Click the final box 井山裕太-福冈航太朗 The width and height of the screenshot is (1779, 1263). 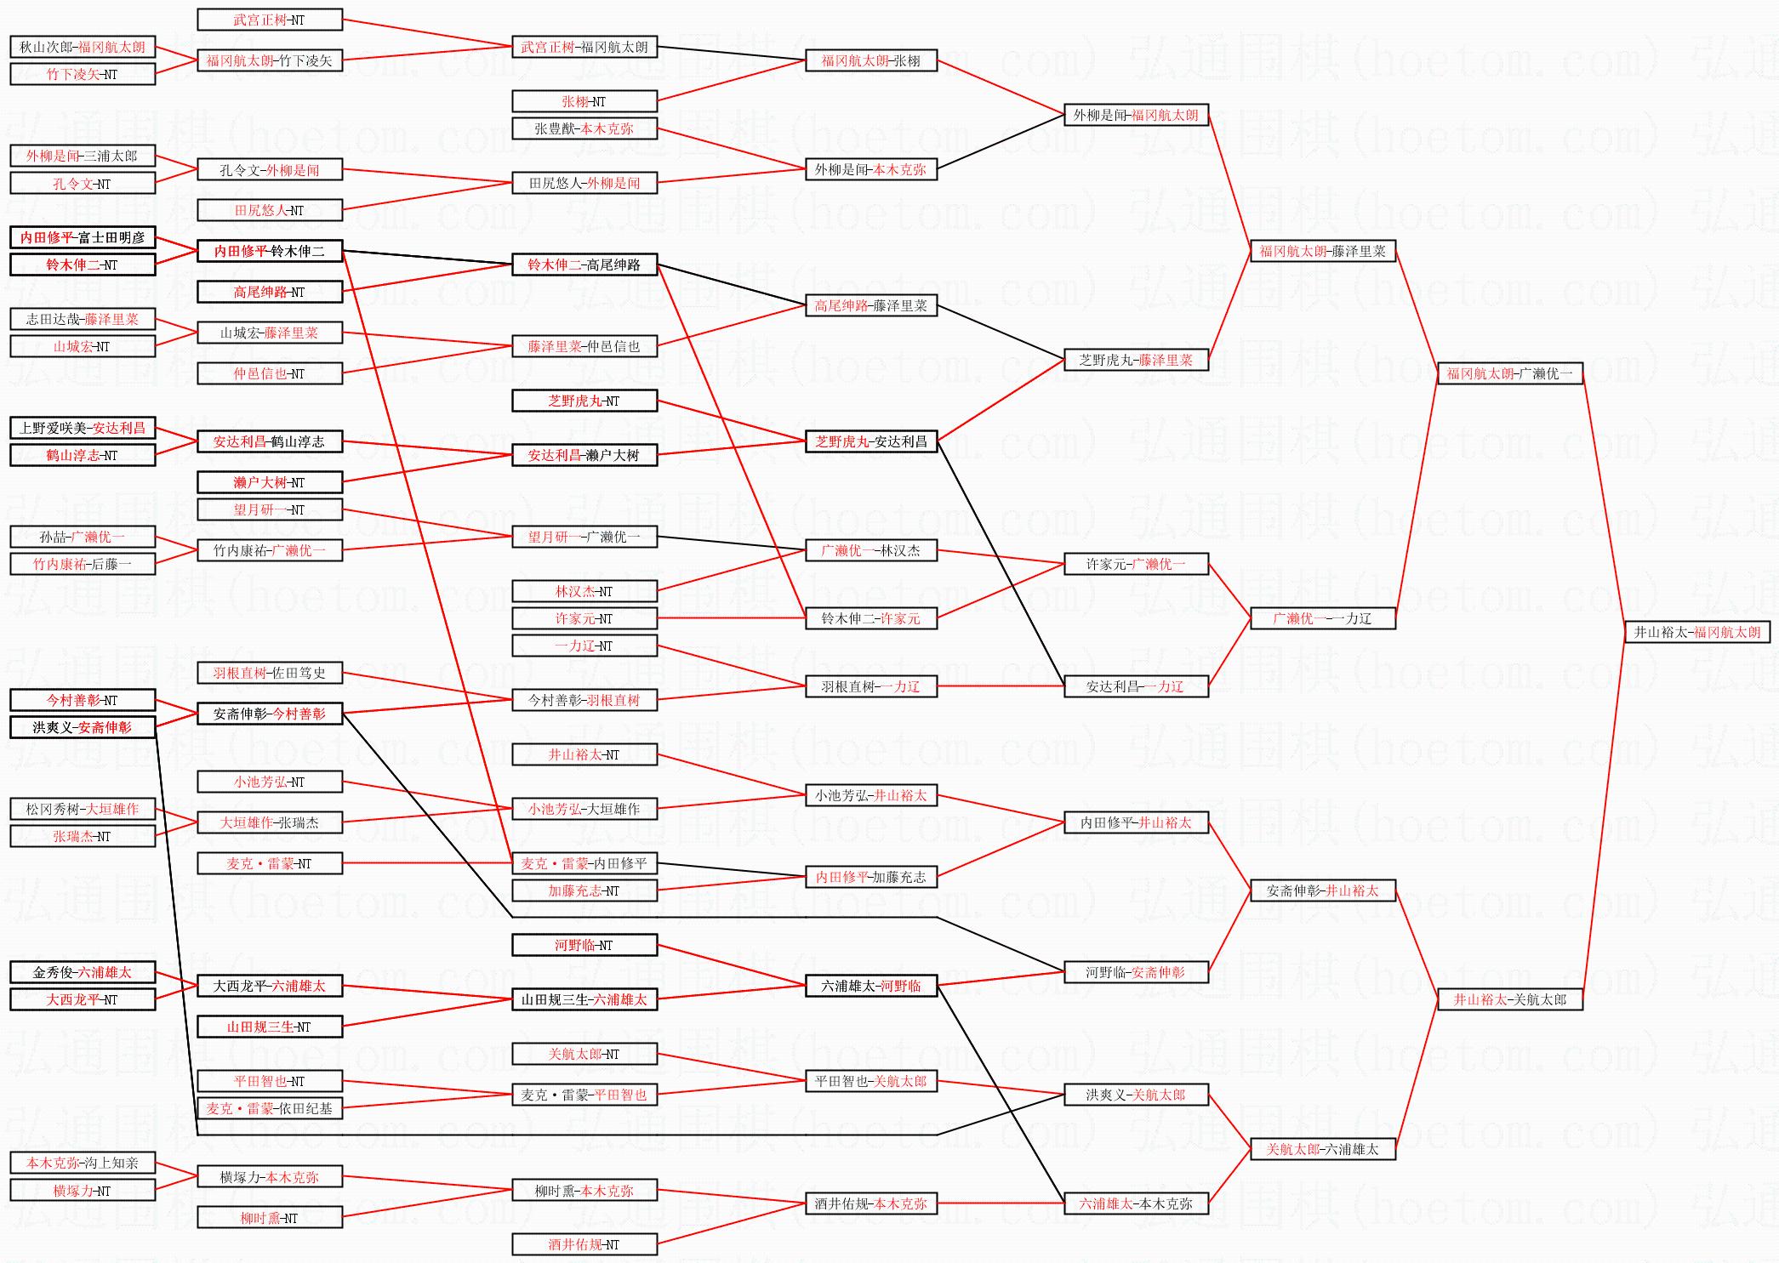[x=1696, y=632]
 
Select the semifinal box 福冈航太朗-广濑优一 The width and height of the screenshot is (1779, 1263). [x=1509, y=373]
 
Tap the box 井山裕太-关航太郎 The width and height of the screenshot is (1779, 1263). [x=1509, y=999]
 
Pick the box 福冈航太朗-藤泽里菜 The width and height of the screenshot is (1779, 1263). [x=1322, y=251]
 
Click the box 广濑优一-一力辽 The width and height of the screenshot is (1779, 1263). [x=1322, y=618]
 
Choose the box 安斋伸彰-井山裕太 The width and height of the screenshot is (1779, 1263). [x=1322, y=890]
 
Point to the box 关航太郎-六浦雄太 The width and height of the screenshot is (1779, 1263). [x=1322, y=1149]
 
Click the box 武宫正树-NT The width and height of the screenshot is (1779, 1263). [x=270, y=20]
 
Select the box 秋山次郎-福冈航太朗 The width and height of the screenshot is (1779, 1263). [x=83, y=47]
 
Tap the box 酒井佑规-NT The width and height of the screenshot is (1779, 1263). [x=584, y=1244]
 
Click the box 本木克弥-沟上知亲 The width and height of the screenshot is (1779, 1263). [x=83, y=1163]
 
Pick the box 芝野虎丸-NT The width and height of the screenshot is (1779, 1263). [x=584, y=401]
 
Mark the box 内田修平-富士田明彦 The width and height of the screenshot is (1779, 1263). [x=83, y=237]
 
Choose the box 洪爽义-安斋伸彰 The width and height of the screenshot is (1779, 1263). [x=83, y=727]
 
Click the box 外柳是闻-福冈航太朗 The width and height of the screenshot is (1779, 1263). [x=1136, y=115]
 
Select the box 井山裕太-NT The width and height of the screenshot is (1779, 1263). [x=584, y=754]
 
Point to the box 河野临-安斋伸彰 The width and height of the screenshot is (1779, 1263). [x=1136, y=972]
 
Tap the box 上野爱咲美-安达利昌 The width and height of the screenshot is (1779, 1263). [x=83, y=428]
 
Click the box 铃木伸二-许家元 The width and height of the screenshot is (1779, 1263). [x=871, y=618]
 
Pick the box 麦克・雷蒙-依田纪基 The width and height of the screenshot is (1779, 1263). [x=270, y=1108]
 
